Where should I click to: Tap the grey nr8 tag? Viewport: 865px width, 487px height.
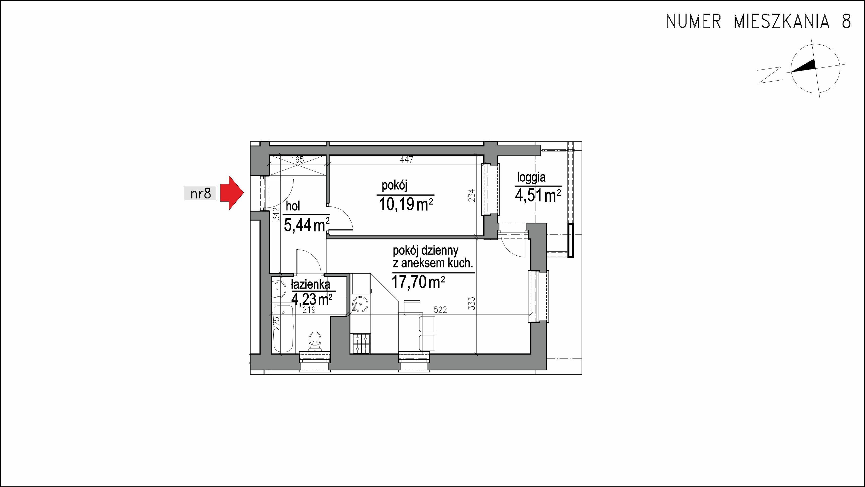(x=200, y=193)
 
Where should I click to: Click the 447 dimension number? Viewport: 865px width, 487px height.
(x=406, y=160)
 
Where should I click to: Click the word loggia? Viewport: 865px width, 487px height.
(x=531, y=177)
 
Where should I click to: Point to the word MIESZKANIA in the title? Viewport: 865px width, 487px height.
(x=780, y=21)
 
